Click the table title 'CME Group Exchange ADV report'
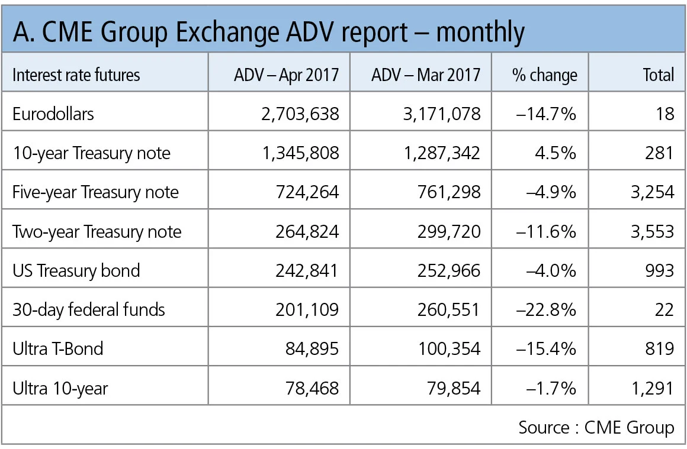coord(268,31)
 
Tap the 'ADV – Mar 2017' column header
coord(426,75)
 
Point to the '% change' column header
coord(544,75)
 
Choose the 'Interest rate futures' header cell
coord(76,75)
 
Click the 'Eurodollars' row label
coord(53,114)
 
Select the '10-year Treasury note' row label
coord(91,153)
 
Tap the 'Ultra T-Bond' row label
coord(58,348)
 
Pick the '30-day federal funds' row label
coord(89,309)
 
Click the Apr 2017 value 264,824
coord(307,231)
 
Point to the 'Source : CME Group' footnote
coord(596,427)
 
